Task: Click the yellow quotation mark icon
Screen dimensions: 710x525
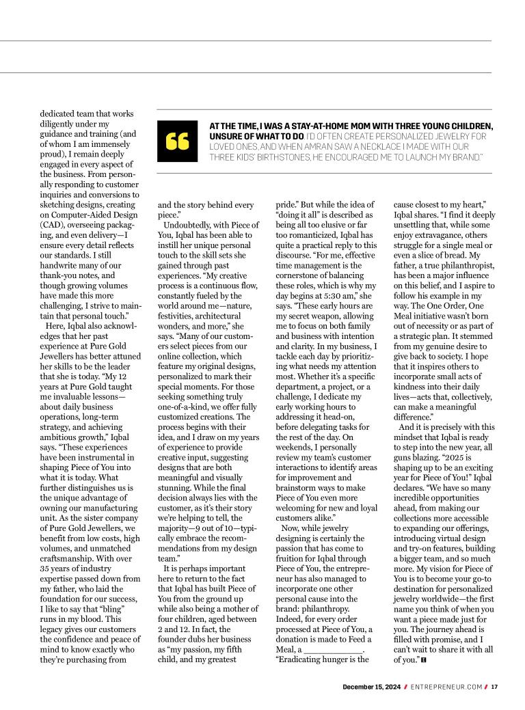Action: click(x=177, y=141)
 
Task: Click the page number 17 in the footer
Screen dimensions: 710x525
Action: click(x=494, y=687)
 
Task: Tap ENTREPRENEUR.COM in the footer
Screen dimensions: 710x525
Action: click(x=446, y=687)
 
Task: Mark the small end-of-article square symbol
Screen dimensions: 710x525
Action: click(x=425, y=660)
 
